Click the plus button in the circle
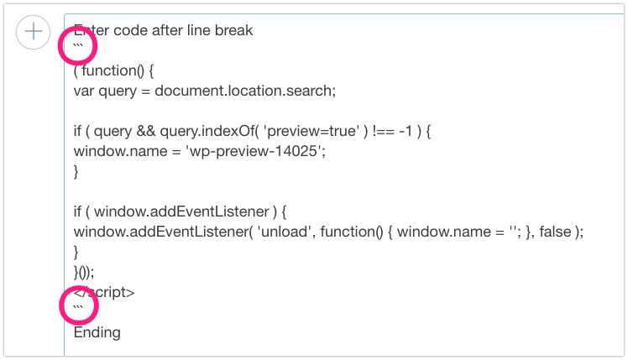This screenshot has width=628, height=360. tap(34, 32)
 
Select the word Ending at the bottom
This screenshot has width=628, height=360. tap(97, 333)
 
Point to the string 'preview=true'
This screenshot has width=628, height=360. tap(304, 132)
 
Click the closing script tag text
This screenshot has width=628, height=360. tap(105, 292)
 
